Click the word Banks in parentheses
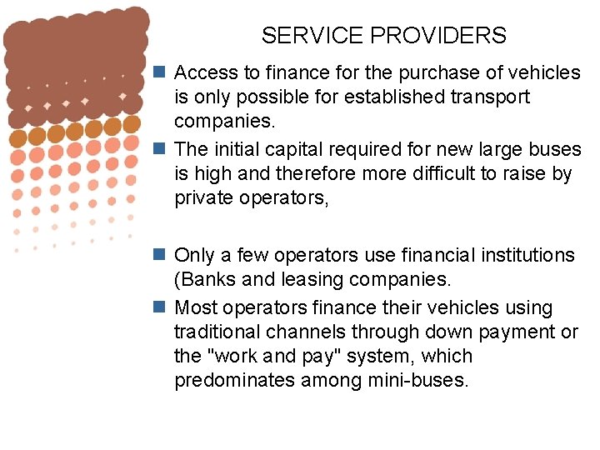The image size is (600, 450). pyautogui.click(x=208, y=279)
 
